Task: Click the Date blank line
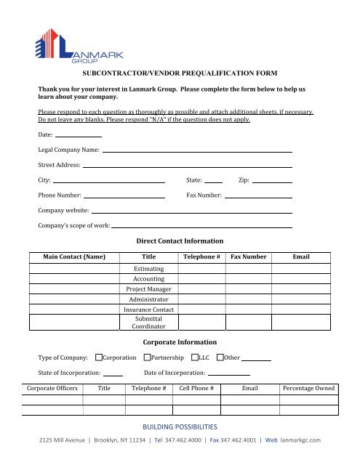click(78, 136)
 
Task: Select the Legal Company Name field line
click(197, 150)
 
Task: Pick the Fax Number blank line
click(258, 197)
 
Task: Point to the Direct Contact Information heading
click(180, 240)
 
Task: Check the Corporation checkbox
click(99, 357)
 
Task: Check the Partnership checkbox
click(148, 357)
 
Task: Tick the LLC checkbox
click(195, 357)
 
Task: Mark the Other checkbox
click(220, 357)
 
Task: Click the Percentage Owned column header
click(308, 389)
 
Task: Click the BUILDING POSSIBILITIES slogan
click(180, 426)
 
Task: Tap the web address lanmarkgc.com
click(300, 440)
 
